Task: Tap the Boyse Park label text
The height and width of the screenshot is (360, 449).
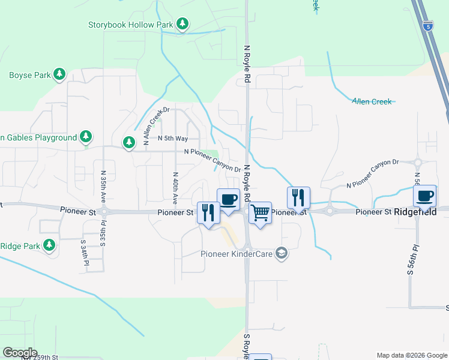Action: (x=29, y=76)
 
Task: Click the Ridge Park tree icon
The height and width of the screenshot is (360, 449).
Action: (x=49, y=245)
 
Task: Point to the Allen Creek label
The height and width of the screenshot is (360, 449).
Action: (x=372, y=101)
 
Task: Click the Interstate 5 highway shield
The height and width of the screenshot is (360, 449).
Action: (x=427, y=26)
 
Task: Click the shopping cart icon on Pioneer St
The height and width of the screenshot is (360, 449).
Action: (x=260, y=212)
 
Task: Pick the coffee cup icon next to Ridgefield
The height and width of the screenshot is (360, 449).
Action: (x=425, y=196)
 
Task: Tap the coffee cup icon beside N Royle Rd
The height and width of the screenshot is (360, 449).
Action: (x=228, y=199)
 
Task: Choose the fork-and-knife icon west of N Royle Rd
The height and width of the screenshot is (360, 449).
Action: (x=208, y=213)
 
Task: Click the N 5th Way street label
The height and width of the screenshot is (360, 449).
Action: (x=173, y=137)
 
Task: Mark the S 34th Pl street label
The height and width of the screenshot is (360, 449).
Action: (x=85, y=253)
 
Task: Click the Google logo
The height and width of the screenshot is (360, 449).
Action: (x=20, y=353)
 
